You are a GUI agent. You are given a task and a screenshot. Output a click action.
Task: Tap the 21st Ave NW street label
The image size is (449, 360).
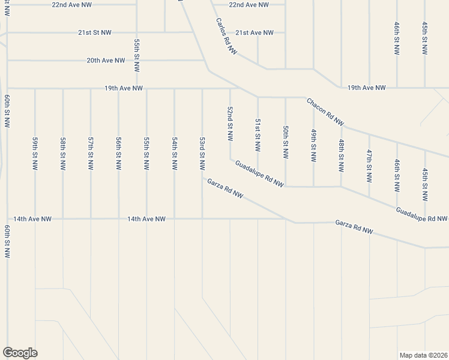click(x=255, y=32)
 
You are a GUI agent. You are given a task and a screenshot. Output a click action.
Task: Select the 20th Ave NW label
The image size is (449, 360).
click(x=106, y=61)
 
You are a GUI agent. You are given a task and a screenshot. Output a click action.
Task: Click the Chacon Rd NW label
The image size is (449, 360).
click(x=325, y=112)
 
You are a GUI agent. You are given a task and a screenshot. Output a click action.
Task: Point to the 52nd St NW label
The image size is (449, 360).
click(x=230, y=124)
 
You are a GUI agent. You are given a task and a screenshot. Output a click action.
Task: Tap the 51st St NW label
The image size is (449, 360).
click(x=258, y=134)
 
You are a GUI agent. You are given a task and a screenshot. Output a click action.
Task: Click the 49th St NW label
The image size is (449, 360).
click(x=313, y=145)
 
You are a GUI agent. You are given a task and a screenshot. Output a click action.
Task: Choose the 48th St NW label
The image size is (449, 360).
click(x=341, y=154)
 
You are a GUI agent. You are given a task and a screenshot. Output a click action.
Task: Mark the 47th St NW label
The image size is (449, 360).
click(x=369, y=166)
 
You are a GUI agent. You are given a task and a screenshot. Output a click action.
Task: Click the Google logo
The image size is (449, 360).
click(x=20, y=353)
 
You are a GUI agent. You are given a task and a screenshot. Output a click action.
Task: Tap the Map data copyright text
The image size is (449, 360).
click(x=423, y=355)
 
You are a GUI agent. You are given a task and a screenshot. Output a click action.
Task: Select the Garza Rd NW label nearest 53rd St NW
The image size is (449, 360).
click(x=225, y=189)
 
